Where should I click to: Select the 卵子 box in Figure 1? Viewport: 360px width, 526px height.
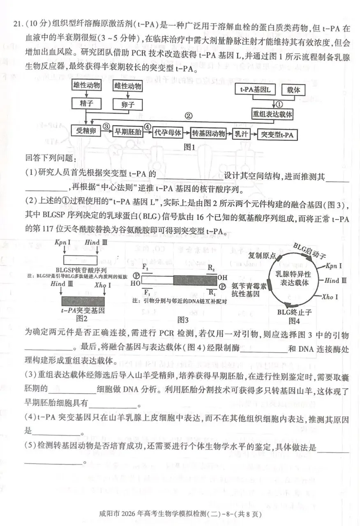(128, 104)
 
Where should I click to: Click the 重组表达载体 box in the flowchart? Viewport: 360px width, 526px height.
(272, 115)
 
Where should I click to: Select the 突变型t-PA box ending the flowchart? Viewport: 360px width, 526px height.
(278, 134)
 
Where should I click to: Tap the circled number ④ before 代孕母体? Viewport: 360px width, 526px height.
(148, 127)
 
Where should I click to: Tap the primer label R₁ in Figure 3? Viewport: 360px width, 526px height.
(212, 293)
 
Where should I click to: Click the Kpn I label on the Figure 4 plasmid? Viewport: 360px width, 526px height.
(333, 266)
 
